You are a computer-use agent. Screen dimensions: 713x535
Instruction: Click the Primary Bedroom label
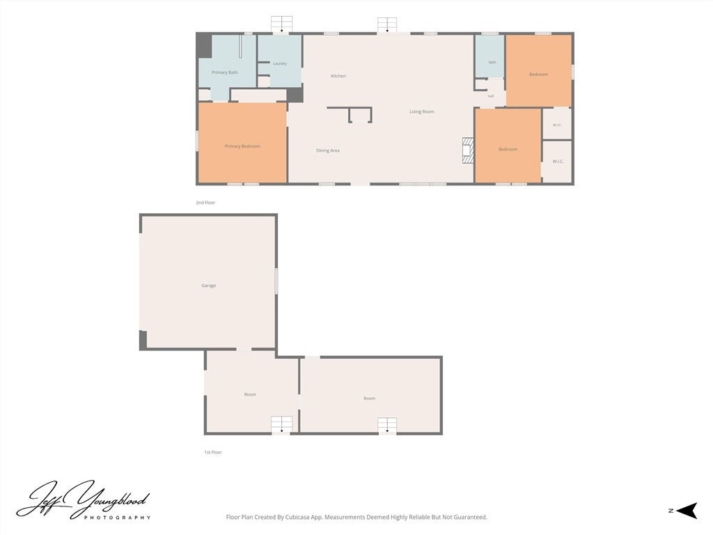[x=242, y=146]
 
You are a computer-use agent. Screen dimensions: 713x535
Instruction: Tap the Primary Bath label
[x=225, y=72]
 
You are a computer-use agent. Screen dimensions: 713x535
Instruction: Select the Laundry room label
[x=280, y=63]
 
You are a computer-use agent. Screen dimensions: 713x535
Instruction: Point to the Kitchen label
[x=338, y=76]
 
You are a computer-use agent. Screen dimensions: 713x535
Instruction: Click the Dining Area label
[x=328, y=150]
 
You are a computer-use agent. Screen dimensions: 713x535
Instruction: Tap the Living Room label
[x=421, y=111]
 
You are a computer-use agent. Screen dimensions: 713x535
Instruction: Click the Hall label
[x=491, y=96]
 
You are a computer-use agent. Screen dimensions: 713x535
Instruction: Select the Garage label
[x=209, y=286]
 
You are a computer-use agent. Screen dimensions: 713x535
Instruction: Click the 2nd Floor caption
[x=205, y=203]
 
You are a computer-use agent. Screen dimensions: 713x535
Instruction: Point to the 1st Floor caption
[x=213, y=452]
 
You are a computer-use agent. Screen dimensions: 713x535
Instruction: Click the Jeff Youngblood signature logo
[x=84, y=500]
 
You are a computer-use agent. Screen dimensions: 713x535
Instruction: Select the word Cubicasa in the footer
[x=298, y=518]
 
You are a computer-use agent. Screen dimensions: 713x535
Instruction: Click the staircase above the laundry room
[x=281, y=24]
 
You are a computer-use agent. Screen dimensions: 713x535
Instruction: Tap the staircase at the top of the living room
[x=387, y=24]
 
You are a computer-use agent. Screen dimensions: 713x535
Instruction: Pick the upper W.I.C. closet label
[x=558, y=125]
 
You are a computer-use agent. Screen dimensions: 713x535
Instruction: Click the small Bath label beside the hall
[x=492, y=62]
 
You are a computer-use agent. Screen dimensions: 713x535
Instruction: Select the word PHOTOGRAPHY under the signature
[x=117, y=518]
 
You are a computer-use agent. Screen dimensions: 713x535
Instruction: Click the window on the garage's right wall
[x=276, y=281]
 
